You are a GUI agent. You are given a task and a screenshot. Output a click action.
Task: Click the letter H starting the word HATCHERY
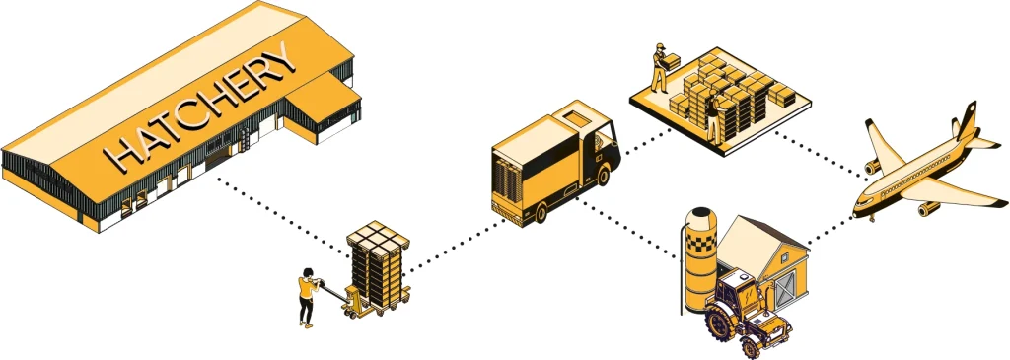click(121, 156)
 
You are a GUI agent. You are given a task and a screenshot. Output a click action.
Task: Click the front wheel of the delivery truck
click(604, 176)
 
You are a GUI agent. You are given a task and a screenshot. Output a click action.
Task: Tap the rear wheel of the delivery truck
click(541, 212)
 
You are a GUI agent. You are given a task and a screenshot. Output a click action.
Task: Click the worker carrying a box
click(660, 67)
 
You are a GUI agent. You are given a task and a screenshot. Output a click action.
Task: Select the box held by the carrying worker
click(672, 62)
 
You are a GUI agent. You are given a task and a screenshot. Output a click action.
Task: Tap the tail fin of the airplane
click(966, 120)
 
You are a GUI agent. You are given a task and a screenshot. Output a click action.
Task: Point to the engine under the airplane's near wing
click(927, 208)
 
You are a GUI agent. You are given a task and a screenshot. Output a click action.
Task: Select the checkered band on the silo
click(701, 242)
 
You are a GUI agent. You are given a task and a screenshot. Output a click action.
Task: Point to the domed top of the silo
click(701, 216)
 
